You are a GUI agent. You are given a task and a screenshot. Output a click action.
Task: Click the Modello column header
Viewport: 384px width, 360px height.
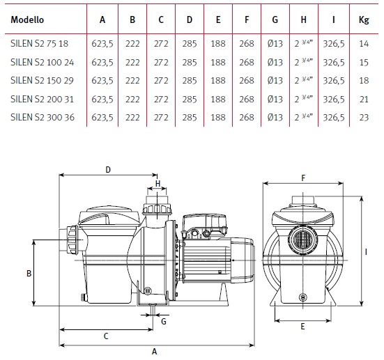click(x=27, y=19)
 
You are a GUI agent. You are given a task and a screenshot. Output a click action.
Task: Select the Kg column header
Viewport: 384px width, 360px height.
click(x=364, y=20)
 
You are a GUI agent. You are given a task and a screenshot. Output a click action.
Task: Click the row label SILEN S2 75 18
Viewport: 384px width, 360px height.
click(x=39, y=44)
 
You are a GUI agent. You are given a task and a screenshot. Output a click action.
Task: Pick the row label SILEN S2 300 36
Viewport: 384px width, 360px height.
click(x=43, y=118)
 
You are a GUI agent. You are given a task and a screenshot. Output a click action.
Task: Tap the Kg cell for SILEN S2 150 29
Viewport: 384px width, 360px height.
click(x=364, y=81)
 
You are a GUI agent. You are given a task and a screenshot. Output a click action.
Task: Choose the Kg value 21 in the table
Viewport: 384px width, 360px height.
click(x=364, y=99)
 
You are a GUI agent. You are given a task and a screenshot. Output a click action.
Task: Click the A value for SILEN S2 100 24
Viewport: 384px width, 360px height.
click(x=102, y=63)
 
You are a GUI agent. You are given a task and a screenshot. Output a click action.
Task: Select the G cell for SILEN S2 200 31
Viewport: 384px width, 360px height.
click(x=275, y=99)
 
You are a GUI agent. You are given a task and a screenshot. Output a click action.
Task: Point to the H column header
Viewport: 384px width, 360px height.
click(x=303, y=19)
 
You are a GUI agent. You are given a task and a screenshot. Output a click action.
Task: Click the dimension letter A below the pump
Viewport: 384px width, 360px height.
click(x=154, y=352)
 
